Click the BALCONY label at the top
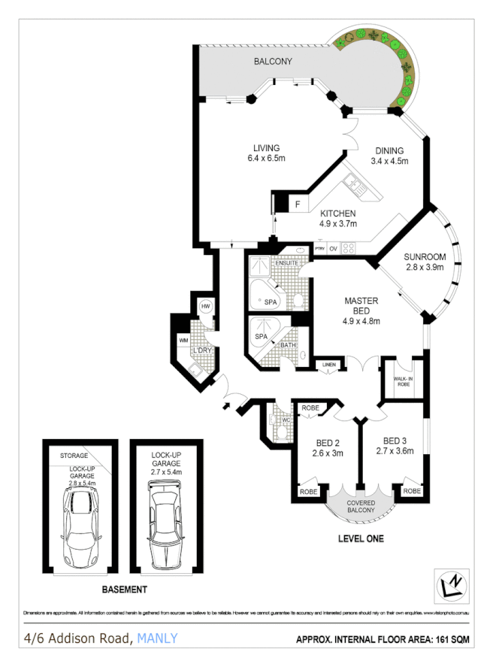pos(272,61)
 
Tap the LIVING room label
pos(266,147)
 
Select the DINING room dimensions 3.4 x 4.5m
pos(389,160)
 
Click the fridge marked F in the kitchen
pos(297,203)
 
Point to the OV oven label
pos(333,248)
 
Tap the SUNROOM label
pos(425,256)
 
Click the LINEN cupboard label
pos(328,365)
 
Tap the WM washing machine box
pos(183,341)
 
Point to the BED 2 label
pos(328,443)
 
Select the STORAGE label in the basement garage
pos(74,456)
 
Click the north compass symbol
pos(452,584)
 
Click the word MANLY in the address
pos(158,639)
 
